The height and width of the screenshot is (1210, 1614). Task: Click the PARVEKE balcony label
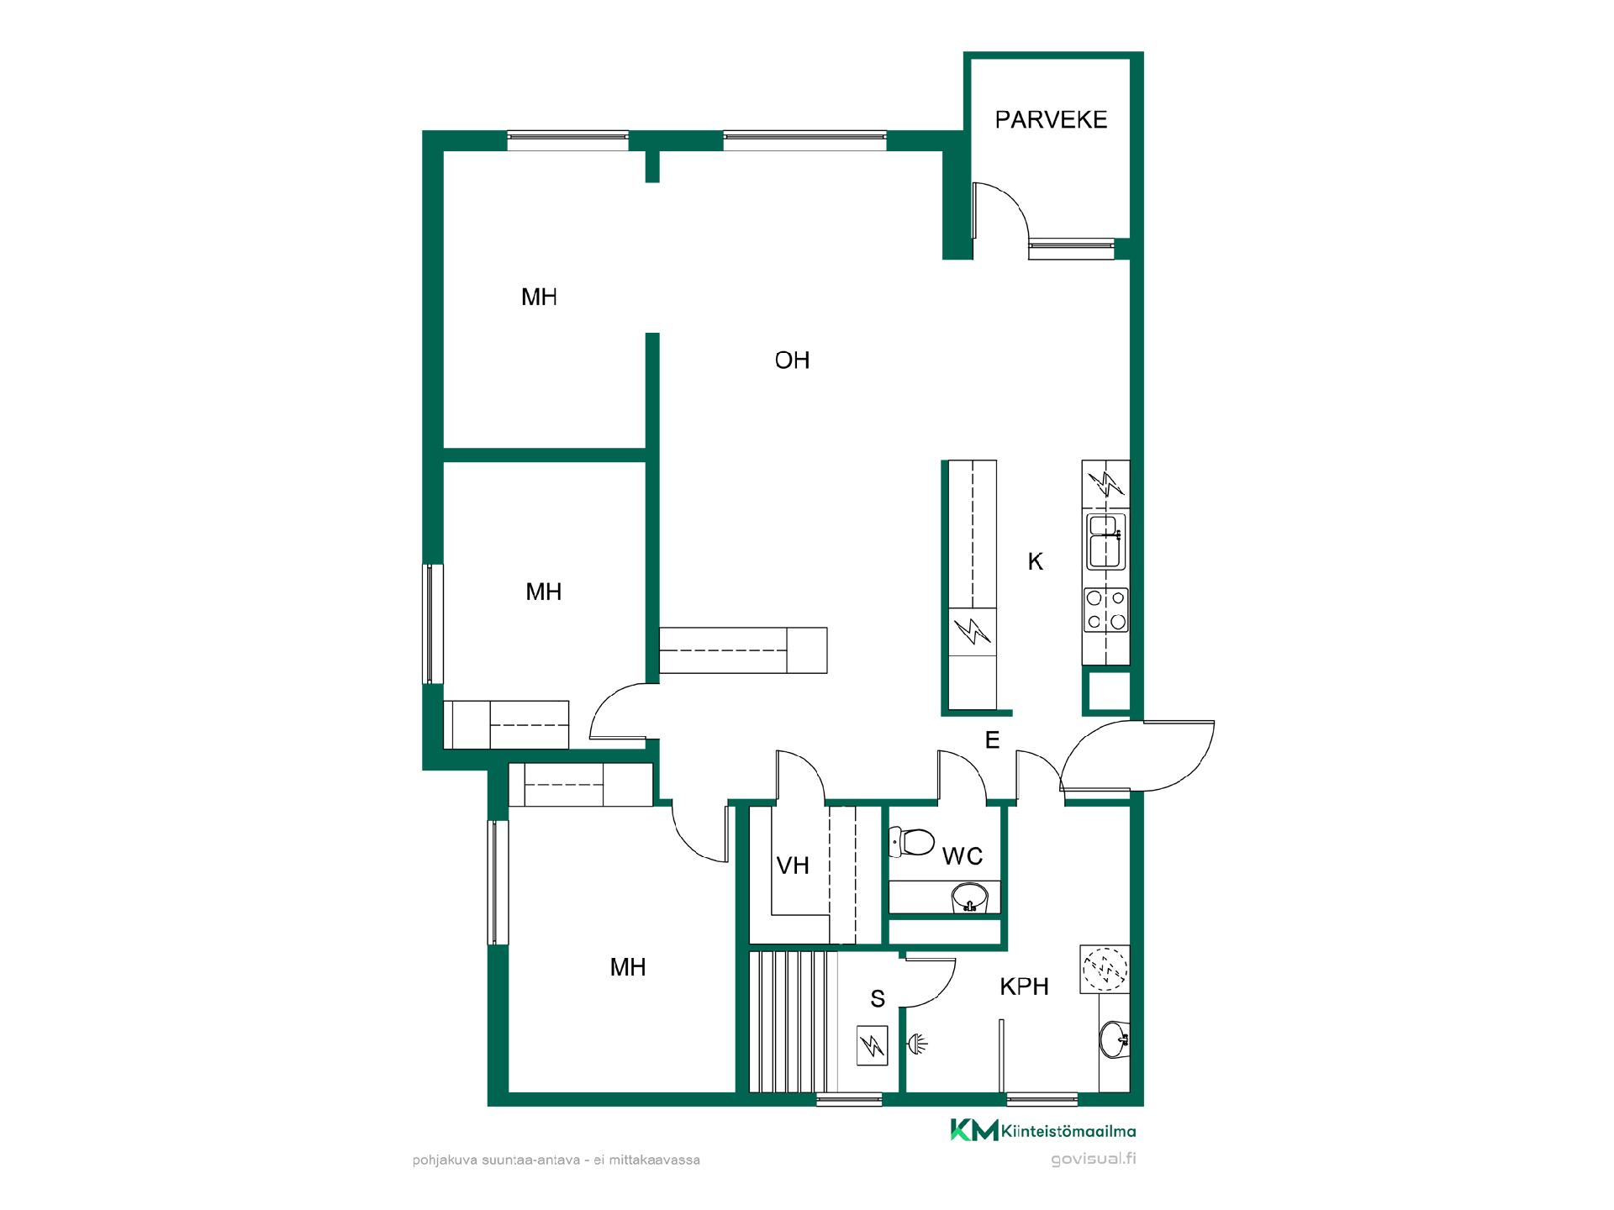pos(1051,119)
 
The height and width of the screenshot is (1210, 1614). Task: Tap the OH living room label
pos(792,360)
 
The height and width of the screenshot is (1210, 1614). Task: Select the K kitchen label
pos(1036,561)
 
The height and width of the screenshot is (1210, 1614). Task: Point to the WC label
pos(963,856)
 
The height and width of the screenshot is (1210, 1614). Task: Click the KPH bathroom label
pos(1024,986)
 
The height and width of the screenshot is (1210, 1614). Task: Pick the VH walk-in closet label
pos(793,865)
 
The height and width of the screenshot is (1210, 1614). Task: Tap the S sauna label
pos(878,999)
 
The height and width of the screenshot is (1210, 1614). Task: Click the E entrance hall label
pos(993,740)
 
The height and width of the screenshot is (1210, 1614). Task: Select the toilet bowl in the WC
pos(912,841)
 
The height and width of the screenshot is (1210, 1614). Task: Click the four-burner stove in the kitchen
pos(1106,610)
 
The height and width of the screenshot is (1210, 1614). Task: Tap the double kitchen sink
pos(1106,542)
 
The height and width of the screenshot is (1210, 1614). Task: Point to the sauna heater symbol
pos(873,1046)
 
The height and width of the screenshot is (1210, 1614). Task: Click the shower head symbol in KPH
pos(917,1044)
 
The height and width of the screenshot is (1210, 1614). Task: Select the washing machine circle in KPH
pos(1105,969)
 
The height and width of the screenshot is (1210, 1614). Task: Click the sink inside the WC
pos(970,898)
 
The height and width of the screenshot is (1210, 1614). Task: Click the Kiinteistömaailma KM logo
pos(1042,1130)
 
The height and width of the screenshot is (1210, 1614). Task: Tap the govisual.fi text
pos(1094,1160)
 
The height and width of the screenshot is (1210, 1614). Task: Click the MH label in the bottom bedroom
pos(628,968)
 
